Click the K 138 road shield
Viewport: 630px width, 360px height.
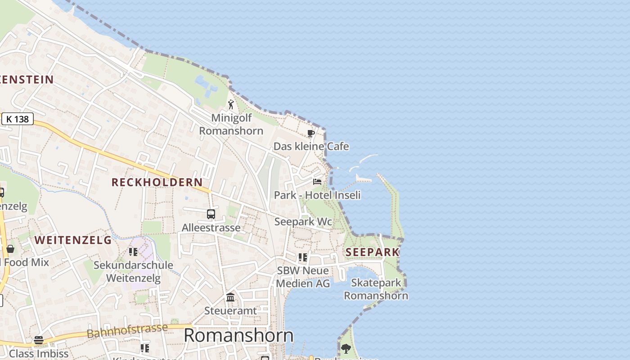[x=18, y=119]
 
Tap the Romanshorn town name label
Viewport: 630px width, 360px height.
[x=238, y=335]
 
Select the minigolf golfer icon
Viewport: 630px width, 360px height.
[x=231, y=104]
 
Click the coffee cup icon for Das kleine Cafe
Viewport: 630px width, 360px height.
[x=310, y=133]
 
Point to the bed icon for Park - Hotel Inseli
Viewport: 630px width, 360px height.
[x=317, y=182]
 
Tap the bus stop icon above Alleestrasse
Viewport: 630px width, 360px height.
[x=211, y=214]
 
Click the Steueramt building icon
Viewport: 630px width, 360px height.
[x=230, y=297]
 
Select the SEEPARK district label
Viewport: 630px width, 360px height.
[x=373, y=252]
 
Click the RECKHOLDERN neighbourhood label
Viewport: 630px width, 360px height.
[x=157, y=182]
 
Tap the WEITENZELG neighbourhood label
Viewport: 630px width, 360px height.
[x=73, y=240]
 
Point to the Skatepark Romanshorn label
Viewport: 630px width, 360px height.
[x=376, y=289]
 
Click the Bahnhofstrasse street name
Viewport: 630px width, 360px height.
[x=127, y=330]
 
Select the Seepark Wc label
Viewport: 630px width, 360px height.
[x=303, y=222]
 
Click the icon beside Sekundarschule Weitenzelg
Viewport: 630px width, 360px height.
[x=133, y=252]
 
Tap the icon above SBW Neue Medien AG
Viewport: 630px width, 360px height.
[x=303, y=257]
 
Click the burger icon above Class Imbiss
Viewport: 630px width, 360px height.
[x=39, y=340]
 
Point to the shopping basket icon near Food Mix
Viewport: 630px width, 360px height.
[x=10, y=249]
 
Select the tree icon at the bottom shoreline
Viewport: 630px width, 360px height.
[x=346, y=348]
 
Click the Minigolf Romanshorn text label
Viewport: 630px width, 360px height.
[x=231, y=124]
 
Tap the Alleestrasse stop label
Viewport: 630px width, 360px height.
[x=211, y=228]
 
